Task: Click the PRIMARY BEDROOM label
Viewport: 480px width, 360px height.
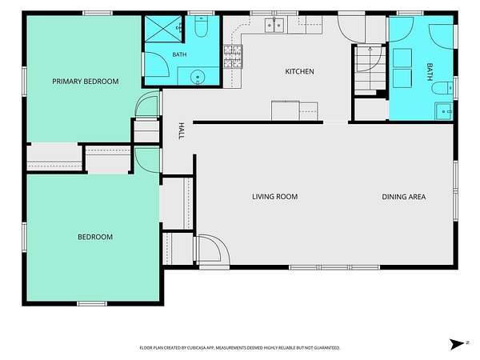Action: (x=86, y=82)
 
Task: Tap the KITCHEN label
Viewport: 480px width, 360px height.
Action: (x=299, y=71)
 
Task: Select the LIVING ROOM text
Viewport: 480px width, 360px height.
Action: (x=275, y=197)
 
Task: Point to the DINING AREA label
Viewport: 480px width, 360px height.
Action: (x=404, y=197)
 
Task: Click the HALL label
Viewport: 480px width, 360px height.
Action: (x=182, y=131)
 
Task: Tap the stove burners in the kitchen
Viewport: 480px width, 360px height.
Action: (x=233, y=56)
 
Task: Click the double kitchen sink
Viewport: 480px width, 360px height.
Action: (x=274, y=25)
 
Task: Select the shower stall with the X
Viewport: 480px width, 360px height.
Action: (x=163, y=29)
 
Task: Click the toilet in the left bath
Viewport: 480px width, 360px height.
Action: (x=201, y=26)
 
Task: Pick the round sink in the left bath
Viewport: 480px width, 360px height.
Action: (x=198, y=76)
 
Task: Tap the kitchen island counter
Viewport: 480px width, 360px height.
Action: (x=294, y=110)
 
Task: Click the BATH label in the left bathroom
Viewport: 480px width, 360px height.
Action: (x=179, y=54)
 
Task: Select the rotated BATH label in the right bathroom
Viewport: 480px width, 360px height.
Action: (x=430, y=72)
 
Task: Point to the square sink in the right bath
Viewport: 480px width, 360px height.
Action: (x=443, y=111)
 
